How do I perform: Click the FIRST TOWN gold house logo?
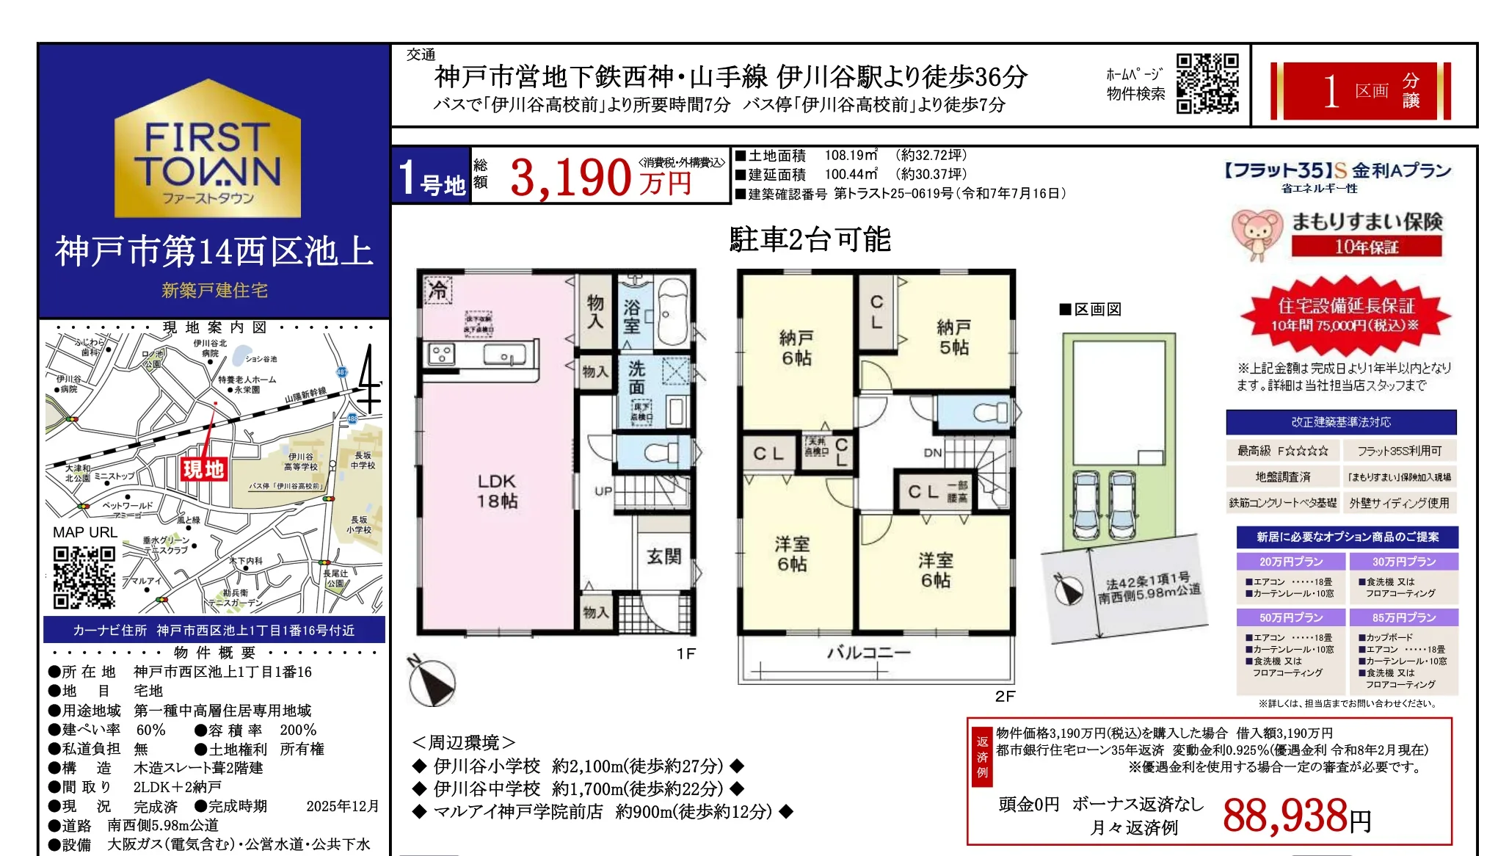(208, 150)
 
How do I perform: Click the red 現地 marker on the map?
(203, 468)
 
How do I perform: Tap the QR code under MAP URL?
(84, 576)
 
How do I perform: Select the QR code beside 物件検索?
(1207, 83)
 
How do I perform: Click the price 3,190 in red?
(570, 178)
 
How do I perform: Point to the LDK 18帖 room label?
(497, 490)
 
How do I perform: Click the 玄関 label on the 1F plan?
(663, 556)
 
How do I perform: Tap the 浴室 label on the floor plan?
(631, 316)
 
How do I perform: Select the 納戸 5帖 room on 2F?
(953, 337)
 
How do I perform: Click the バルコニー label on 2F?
(869, 652)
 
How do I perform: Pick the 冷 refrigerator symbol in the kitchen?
(437, 290)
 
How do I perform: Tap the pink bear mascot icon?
(1256, 234)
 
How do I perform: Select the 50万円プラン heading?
(1291, 617)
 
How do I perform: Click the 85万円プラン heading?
(1403, 617)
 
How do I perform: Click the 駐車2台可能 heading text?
(810, 239)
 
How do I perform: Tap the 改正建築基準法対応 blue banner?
(1340, 422)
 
